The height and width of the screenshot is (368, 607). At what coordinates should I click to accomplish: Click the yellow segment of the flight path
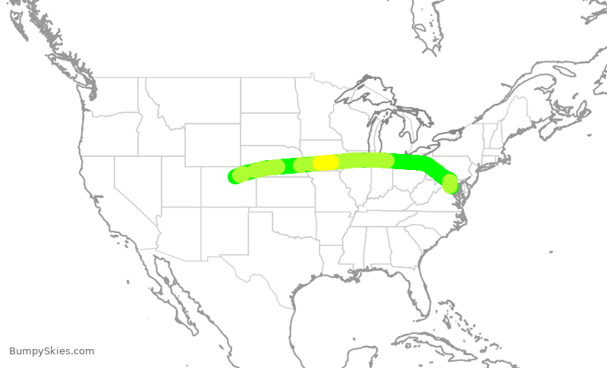pyautogui.click(x=326, y=162)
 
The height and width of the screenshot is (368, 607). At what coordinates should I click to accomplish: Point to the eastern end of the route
pyautogui.click(x=451, y=184)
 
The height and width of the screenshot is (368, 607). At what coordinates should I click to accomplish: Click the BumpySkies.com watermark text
pyautogui.click(x=52, y=351)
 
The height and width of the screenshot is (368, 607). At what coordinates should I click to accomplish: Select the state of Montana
pyautogui.click(x=193, y=99)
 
